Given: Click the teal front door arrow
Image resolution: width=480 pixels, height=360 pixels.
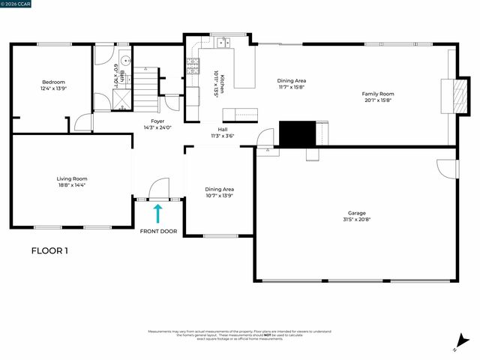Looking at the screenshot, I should (x=158, y=214).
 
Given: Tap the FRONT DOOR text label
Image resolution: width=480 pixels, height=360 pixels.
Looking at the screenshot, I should (x=158, y=231).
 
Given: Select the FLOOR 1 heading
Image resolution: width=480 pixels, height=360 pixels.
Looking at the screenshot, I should (x=49, y=251).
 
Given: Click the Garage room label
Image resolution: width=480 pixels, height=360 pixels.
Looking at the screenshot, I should (x=356, y=212).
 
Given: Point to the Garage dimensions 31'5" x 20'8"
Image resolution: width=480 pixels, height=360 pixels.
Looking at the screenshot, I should (x=356, y=219).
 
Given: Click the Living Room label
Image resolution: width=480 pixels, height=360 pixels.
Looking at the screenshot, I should (x=72, y=178).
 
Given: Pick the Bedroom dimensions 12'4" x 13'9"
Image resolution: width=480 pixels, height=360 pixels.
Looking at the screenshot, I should (x=53, y=88).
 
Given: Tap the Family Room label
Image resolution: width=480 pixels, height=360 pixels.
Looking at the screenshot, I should (x=379, y=94).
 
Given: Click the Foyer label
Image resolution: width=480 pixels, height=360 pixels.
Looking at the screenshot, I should (x=157, y=121).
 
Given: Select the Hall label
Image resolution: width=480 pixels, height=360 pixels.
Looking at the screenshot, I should (x=223, y=129).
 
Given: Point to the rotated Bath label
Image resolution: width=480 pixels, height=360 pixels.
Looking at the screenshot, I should (x=121, y=75).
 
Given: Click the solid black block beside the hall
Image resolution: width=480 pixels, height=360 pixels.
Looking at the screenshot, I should (x=296, y=133).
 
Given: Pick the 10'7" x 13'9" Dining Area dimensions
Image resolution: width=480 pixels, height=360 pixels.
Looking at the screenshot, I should (x=220, y=196).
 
